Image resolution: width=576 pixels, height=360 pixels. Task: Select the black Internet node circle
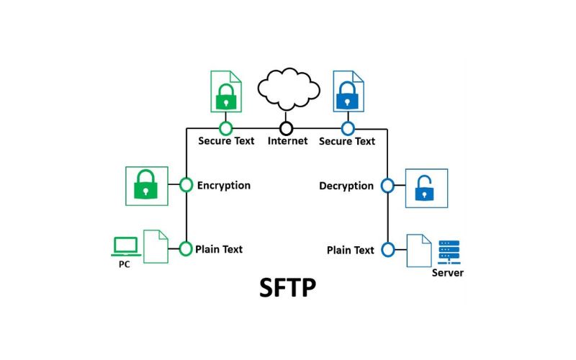click(287, 128)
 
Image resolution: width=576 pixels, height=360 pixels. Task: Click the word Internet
click(287, 141)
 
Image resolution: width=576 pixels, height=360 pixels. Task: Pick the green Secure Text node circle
click(226, 128)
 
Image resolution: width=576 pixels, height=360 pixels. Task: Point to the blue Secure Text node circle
click(348, 128)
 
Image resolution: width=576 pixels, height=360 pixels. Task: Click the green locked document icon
click(226, 91)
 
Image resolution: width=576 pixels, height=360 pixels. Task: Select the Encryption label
click(223, 185)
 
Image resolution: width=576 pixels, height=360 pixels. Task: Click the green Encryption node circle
click(186, 185)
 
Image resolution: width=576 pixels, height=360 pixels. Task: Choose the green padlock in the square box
click(146, 186)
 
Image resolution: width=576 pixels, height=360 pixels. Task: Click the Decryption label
click(346, 186)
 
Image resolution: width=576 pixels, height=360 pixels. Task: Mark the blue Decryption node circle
click(387, 186)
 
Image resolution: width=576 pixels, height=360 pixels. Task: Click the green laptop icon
click(125, 246)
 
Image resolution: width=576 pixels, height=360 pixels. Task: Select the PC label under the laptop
click(125, 264)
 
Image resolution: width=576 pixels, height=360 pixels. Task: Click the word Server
click(448, 273)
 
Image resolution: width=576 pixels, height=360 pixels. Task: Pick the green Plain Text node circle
click(186, 249)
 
